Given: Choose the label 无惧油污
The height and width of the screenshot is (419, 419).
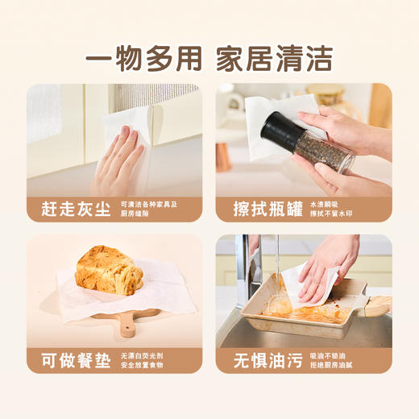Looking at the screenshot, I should (x=260, y=360).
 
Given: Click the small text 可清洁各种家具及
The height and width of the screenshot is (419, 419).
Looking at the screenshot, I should (x=148, y=204).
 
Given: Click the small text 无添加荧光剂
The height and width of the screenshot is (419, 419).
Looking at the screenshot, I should (x=142, y=355).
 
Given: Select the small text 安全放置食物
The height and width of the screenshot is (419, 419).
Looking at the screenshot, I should (x=142, y=365).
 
